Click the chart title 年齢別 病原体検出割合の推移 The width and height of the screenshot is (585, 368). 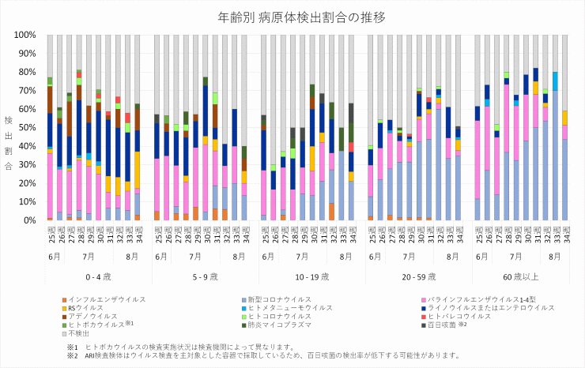[292, 17]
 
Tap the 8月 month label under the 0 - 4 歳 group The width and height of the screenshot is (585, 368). [133, 257]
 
